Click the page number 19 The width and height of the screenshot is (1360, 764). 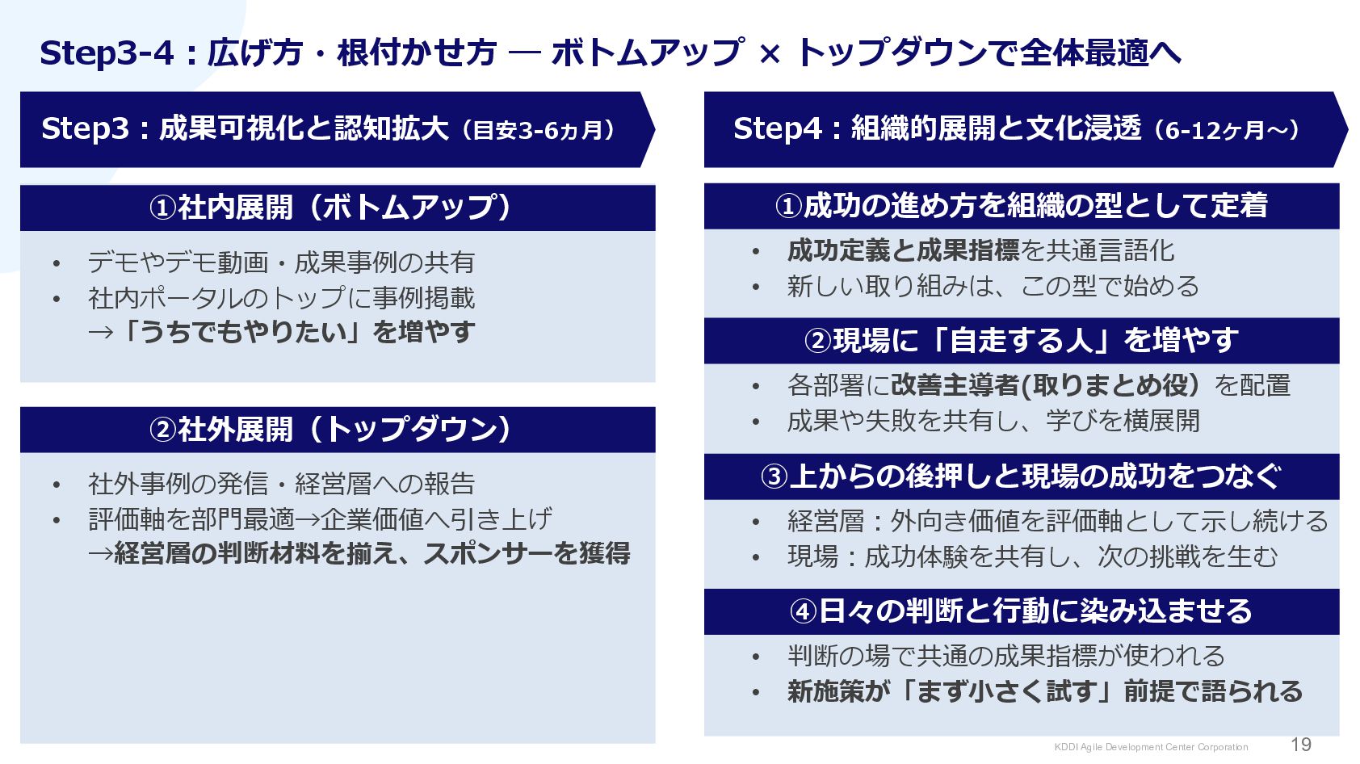coord(1300,745)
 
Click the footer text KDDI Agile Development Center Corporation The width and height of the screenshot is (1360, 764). coord(1151,747)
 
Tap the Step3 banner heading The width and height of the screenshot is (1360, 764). coord(330,129)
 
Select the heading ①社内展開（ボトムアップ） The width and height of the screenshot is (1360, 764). coord(330,208)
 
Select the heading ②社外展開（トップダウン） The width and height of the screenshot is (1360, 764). coord(330,429)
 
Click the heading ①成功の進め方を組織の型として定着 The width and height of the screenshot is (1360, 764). coord(1021,206)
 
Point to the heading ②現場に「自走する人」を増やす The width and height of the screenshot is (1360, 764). coord(1021,340)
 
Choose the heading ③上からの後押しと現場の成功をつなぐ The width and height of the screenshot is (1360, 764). coord(1021,476)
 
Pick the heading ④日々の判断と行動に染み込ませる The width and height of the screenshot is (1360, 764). coord(1021,611)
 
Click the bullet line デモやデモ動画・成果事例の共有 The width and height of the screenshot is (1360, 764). coord(281,262)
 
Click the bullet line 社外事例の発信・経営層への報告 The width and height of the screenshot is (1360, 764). coord(281,484)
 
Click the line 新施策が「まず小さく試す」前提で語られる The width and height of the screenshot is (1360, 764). coord(1045,691)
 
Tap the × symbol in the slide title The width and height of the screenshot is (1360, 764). coord(770,54)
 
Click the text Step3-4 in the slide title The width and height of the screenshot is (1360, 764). coord(107,53)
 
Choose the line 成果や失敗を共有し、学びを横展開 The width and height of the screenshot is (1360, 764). coord(993,421)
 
